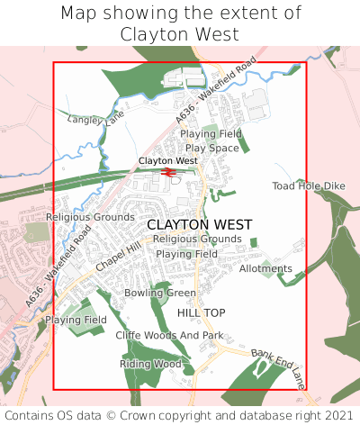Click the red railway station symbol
(x=168, y=172)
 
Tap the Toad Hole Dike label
(x=309, y=186)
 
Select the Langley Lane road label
(x=96, y=118)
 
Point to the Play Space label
(x=211, y=148)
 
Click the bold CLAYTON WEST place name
(x=200, y=223)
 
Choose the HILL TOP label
(x=202, y=312)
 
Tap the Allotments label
(x=266, y=269)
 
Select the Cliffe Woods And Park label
(x=169, y=336)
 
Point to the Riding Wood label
(x=150, y=364)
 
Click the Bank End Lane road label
(x=279, y=368)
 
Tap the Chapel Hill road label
(x=120, y=258)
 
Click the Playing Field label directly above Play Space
(x=211, y=134)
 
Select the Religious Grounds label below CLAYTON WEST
(x=197, y=239)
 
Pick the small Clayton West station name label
(x=167, y=161)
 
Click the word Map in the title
(x=80, y=14)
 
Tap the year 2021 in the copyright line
(x=337, y=415)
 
